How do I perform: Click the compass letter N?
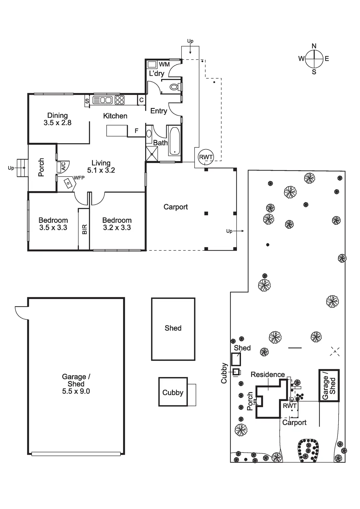314,46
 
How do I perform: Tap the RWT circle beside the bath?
206,157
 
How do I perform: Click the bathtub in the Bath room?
175,141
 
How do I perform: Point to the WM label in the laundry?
164,64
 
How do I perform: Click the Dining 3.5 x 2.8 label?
57,119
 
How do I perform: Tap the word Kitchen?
115,116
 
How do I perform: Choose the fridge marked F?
136,131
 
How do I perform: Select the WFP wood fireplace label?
79,178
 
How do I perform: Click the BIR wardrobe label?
84,229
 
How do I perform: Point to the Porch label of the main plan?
41,167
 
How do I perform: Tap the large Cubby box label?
173,393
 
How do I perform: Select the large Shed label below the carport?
173,328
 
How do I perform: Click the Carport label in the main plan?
176,207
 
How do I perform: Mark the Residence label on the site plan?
268,374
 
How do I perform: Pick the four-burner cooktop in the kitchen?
120,100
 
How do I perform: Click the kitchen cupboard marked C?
141,100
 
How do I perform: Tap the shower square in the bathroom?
152,154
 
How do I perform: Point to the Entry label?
159,111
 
